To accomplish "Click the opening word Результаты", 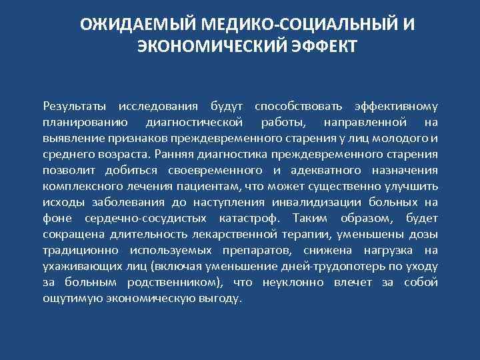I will (74, 106).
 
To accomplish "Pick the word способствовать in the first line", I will (298, 106).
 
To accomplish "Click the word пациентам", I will (213, 186).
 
